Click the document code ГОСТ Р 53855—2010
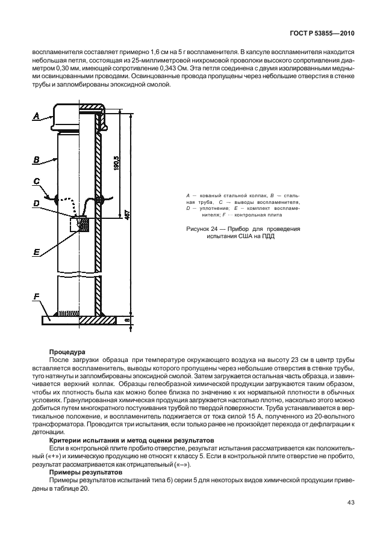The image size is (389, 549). (322, 34)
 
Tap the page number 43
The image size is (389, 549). (351, 503)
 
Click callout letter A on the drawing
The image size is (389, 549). (37, 116)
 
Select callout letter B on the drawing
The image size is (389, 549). (37, 160)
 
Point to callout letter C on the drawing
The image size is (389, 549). (37, 182)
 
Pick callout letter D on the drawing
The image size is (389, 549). (37, 203)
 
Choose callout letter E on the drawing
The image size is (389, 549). (37, 252)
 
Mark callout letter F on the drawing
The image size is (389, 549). (37, 296)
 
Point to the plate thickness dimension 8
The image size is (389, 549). (127, 319)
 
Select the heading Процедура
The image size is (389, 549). (67, 352)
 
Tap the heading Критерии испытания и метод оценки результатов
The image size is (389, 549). (131, 440)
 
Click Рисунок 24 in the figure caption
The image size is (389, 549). (202, 229)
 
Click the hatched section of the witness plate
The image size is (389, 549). (98, 320)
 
